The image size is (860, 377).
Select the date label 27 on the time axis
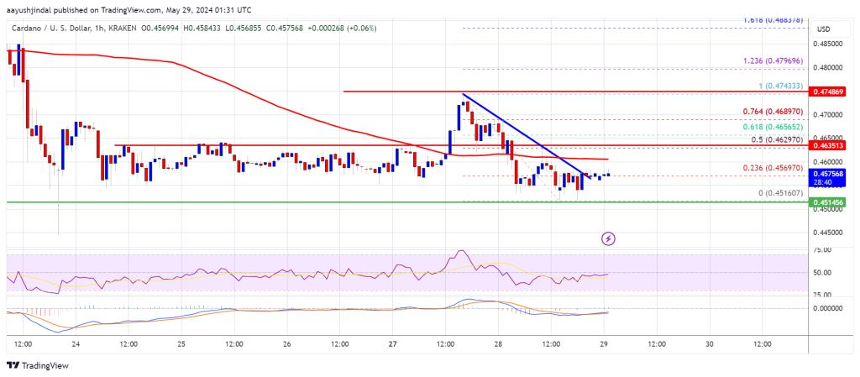point(392,344)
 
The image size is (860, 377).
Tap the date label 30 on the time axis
point(710,344)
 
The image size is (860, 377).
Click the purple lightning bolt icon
point(608,238)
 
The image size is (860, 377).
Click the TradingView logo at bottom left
point(38,365)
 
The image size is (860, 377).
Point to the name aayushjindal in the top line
point(33,8)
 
